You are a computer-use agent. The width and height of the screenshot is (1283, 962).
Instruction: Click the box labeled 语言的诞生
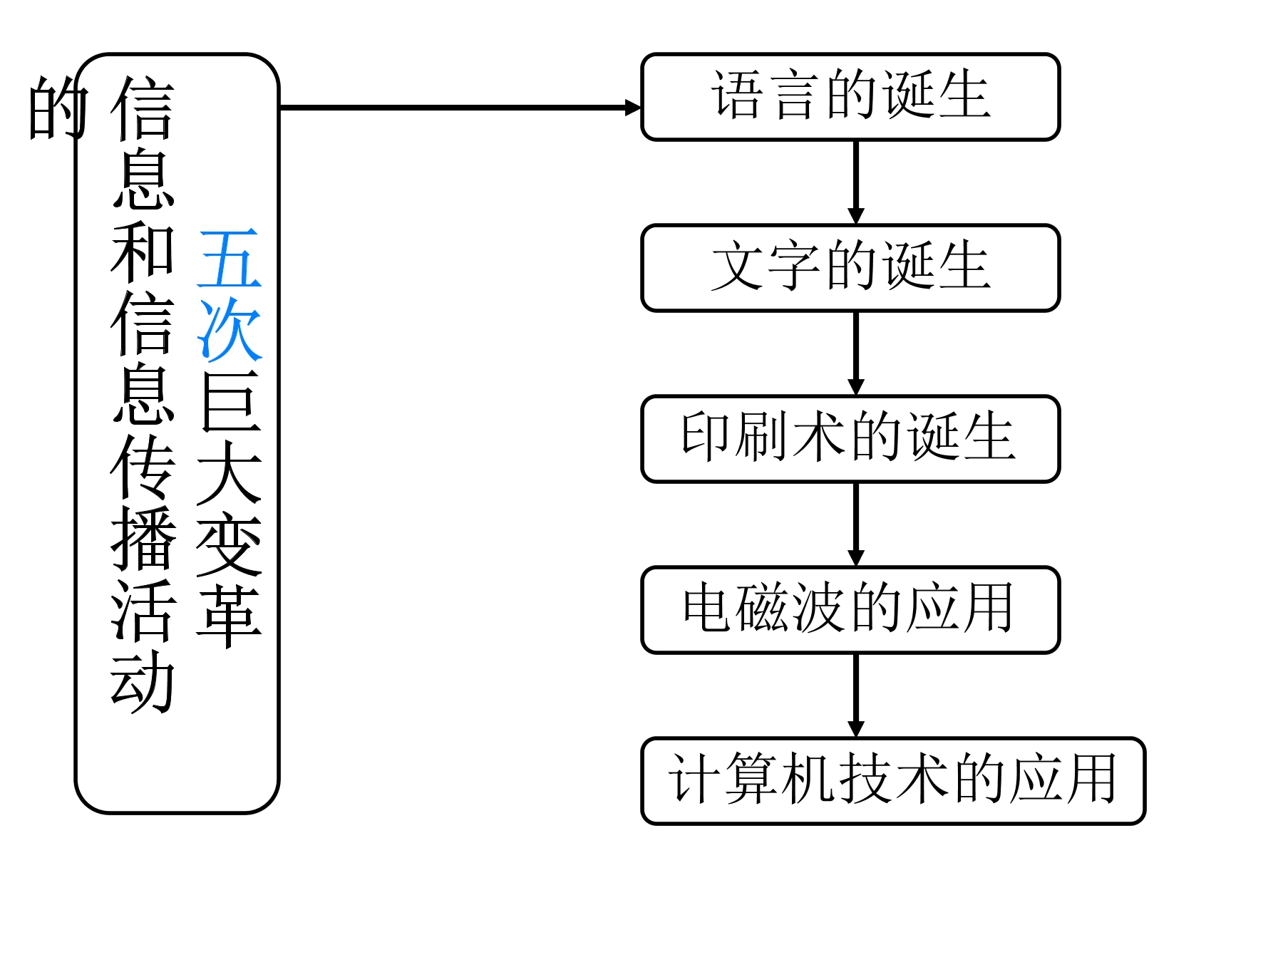coord(850,97)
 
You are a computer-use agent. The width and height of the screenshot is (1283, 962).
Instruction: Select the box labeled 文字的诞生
coord(850,268)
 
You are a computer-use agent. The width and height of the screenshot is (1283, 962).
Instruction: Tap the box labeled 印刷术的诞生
coord(850,439)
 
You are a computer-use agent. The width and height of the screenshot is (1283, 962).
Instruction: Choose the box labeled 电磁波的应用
coord(850,610)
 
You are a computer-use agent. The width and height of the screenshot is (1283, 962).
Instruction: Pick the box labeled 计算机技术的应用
coord(893,781)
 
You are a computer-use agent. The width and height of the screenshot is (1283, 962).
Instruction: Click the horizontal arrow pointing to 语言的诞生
coord(460,108)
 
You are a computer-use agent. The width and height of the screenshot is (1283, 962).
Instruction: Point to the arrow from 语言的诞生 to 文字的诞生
coord(856,182)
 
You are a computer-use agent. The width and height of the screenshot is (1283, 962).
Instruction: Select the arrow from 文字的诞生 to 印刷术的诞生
coord(856,353)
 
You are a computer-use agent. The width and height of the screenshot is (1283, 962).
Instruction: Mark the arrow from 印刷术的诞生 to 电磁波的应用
coord(856,524)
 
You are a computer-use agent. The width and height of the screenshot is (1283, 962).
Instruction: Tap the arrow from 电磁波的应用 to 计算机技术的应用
coord(856,695)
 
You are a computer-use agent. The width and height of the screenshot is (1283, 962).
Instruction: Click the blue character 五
coord(230,258)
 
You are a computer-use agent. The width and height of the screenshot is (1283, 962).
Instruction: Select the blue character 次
coord(230,329)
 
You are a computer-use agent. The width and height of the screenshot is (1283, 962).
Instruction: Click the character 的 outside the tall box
coord(58,108)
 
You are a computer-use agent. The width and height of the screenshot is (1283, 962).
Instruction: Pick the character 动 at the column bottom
coord(143,682)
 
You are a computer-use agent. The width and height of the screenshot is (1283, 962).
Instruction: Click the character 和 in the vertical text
coord(143,251)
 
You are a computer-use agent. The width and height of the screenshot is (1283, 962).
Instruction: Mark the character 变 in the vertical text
coord(230,544)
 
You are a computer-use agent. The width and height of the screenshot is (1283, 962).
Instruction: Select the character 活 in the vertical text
coord(143,610)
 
